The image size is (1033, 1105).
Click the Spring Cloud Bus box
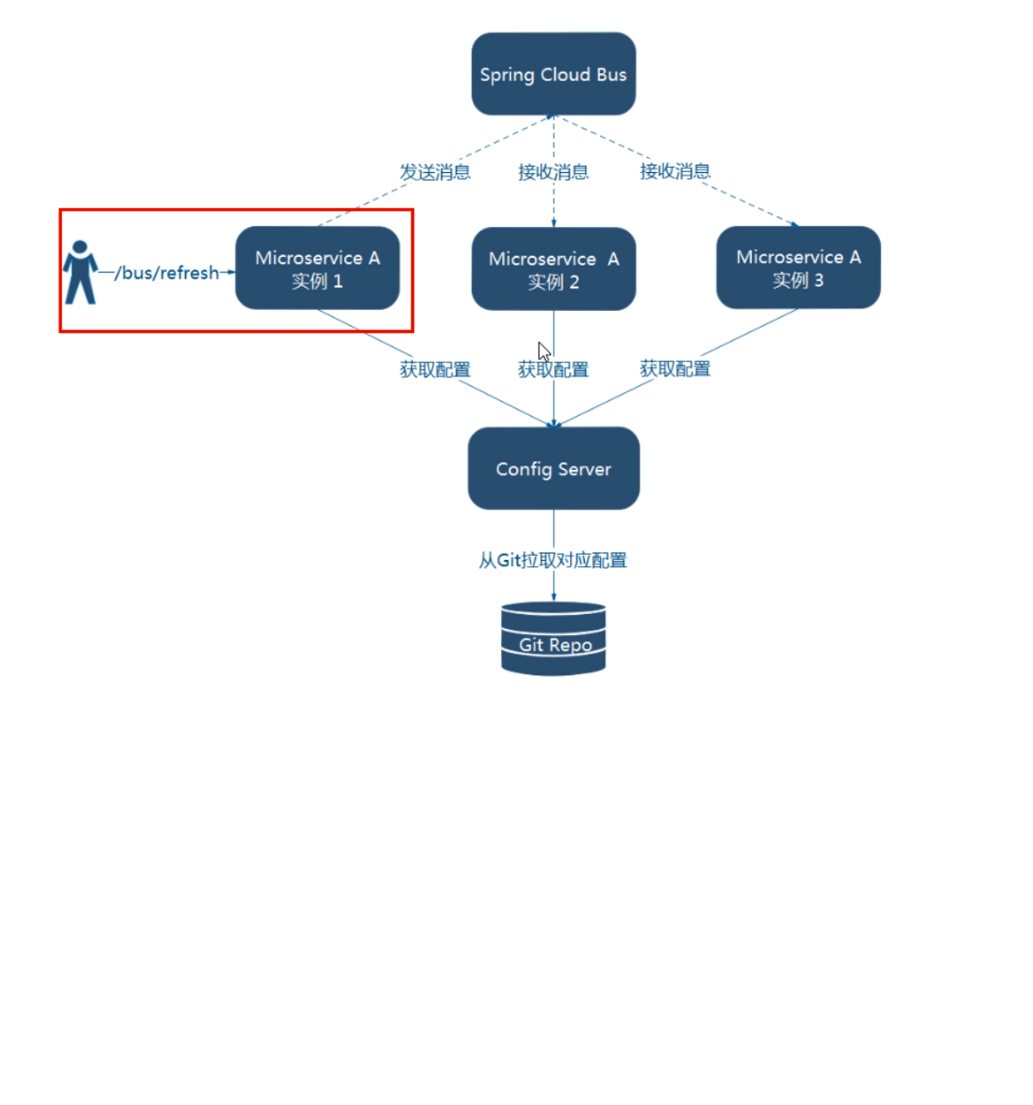553,73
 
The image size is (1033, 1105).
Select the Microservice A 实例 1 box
317,267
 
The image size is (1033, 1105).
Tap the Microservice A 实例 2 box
553,269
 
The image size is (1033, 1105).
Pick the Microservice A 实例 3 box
798,267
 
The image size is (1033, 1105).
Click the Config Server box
553,468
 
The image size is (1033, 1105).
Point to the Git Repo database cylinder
553,639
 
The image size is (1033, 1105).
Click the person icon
80,272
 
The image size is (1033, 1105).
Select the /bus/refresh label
166,273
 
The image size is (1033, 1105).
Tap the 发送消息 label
435,172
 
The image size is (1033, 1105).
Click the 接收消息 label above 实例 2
553,172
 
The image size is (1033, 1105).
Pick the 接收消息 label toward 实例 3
675,171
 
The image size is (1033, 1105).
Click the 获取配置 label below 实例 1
435,369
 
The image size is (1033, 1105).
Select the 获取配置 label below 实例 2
553,369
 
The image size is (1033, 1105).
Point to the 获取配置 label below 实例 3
675,368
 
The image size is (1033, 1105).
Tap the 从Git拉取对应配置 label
553,560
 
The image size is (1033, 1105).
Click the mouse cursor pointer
543,352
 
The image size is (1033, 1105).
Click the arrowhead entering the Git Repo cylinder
553,597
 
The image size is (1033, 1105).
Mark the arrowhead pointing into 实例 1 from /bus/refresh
231,272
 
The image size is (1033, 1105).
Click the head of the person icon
80,247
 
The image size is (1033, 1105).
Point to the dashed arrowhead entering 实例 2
553,223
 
